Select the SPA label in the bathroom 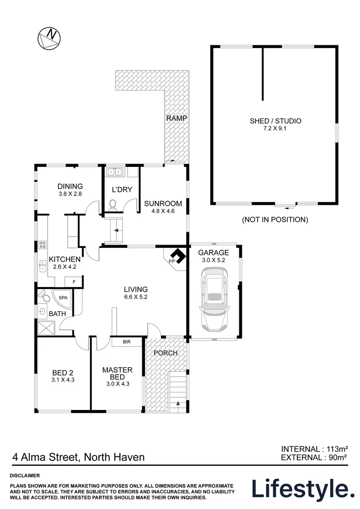(63, 298)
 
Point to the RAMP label (177, 118)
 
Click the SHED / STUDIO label (275, 121)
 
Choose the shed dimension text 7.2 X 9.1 (275, 129)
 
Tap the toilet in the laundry (113, 204)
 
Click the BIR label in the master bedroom (126, 341)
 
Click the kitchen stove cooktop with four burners (42, 245)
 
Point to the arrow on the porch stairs (178, 403)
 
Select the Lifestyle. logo (303, 489)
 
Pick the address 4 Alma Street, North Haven (78, 457)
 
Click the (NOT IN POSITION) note (275, 220)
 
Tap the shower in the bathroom (46, 328)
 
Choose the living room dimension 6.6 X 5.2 (136, 297)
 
